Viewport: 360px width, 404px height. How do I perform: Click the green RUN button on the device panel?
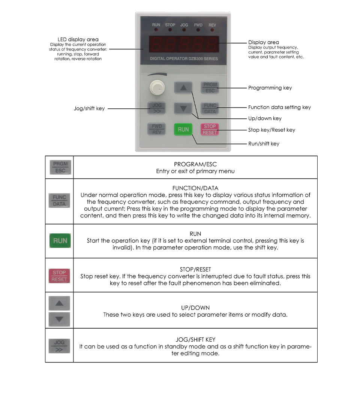[183, 129]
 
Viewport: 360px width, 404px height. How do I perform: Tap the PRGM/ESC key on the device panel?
[210, 88]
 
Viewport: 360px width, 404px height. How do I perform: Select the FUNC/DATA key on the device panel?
[210, 108]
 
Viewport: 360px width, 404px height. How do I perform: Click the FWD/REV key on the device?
[156, 129]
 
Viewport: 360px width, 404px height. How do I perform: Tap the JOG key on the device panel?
[156, 108]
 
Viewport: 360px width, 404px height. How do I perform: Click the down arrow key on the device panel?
[183, 109]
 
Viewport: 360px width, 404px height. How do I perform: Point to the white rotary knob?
[156, 87]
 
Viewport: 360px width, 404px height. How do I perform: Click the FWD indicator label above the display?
[198, 25]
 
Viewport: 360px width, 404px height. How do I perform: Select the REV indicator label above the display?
[212, 25]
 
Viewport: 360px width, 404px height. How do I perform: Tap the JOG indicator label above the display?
[184, 25]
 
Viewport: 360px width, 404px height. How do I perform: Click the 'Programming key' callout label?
[270, 88]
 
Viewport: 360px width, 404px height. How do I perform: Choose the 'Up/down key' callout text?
[265, 118]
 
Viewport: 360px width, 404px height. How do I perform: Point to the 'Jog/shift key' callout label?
[89, 109]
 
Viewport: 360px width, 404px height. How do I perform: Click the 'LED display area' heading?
[78, 39]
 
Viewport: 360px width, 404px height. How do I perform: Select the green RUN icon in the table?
[60, 241]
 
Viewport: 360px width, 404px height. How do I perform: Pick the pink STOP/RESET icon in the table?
[59, 276]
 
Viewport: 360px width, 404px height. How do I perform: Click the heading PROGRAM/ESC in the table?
[195, 164]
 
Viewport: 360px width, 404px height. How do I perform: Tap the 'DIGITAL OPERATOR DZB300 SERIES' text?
[184, 59]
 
